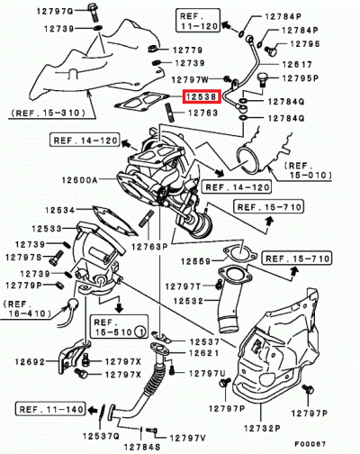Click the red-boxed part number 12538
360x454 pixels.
tap(198, 95)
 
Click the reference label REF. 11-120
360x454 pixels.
tap(198, 22)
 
